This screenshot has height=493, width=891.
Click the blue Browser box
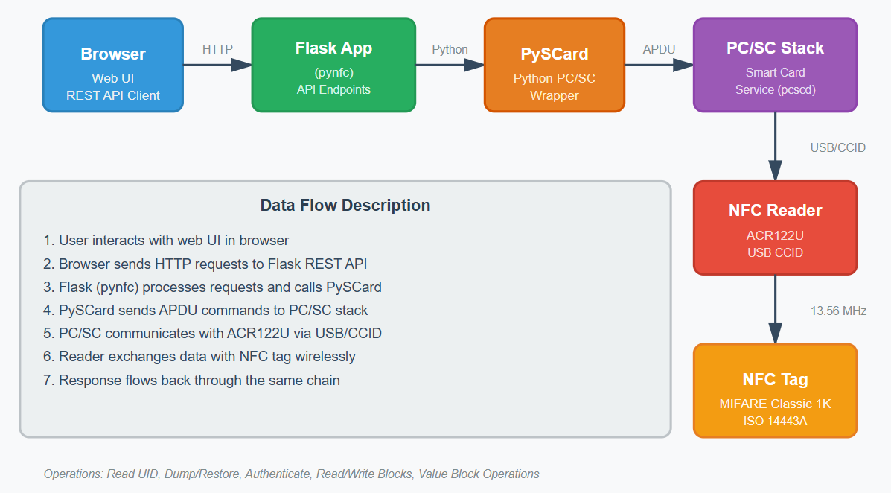113,66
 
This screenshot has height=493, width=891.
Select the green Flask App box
333,66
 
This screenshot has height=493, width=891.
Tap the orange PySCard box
554,66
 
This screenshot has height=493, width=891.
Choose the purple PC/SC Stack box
775,66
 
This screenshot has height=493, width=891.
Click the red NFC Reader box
775,228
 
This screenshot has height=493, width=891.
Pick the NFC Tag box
775,390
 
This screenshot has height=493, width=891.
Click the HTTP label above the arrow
217,49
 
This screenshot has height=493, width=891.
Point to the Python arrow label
450,49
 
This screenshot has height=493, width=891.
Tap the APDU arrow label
659,49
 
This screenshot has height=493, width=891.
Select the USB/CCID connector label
837,147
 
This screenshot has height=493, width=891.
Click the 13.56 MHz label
838,311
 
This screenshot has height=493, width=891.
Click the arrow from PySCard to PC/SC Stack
659,66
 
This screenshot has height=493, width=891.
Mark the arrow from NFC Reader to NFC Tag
775,309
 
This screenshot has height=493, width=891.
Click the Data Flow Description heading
345,206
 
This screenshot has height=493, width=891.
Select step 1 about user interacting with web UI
166,241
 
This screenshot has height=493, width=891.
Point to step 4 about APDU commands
205,310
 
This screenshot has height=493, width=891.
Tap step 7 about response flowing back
191,380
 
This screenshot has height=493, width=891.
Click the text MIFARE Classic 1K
775,404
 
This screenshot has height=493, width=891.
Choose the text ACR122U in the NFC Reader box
775,235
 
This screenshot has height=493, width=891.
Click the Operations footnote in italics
291,474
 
